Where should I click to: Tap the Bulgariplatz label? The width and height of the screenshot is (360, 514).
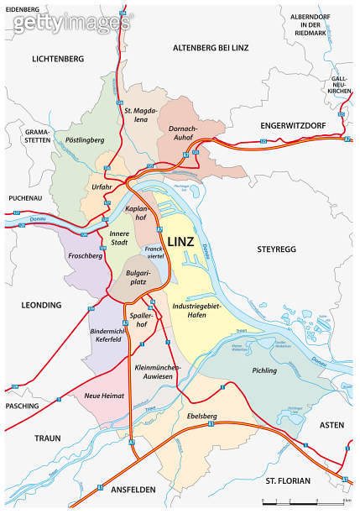pos(136,278)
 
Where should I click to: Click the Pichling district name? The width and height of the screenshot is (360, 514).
pos(263,370)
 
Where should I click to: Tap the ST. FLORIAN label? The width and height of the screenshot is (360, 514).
pos(289,480)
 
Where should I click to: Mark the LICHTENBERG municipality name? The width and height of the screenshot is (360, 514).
pos(59,59)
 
